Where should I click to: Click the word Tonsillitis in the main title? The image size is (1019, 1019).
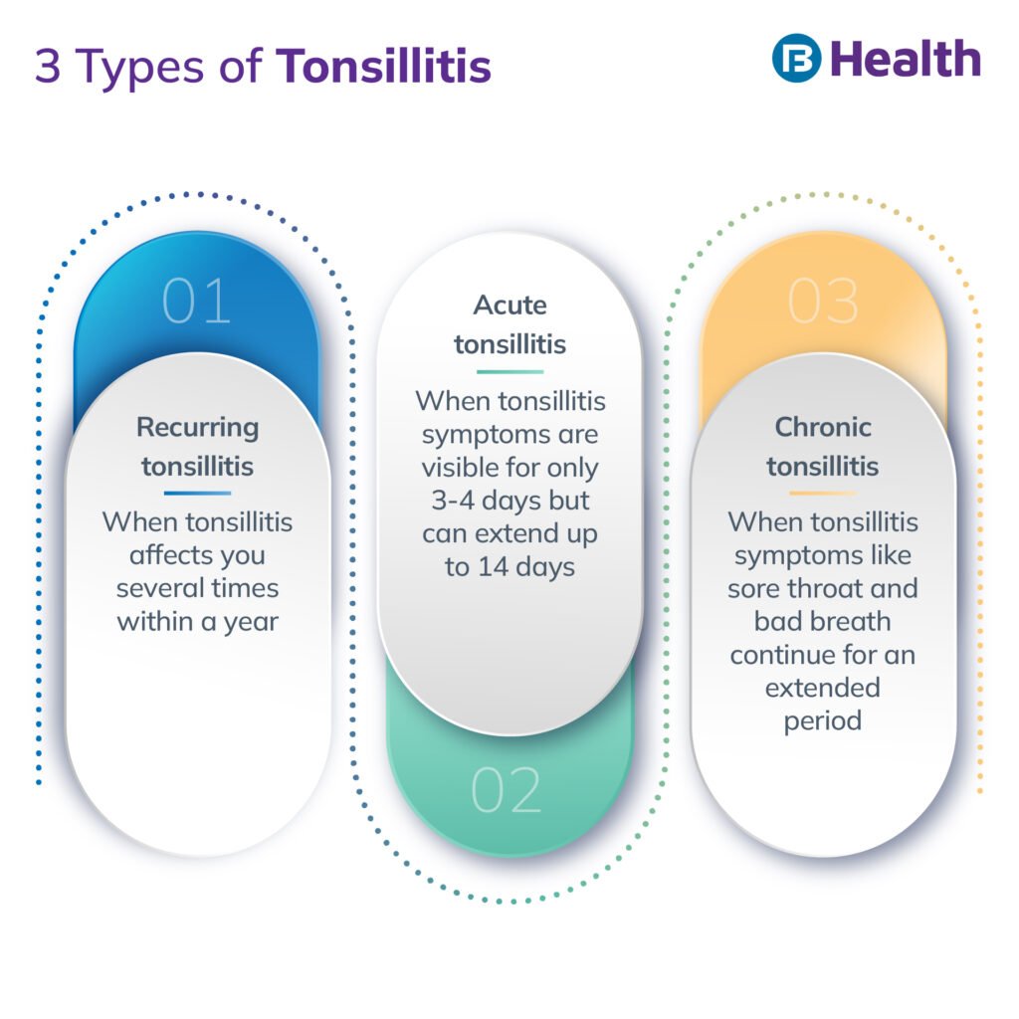click(x=384, y=67)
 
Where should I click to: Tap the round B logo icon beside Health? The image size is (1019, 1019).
click(x=796, y=59)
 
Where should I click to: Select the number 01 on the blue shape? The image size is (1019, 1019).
click(x=196, y=301)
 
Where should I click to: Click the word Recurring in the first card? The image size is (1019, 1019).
click(x=197, y=428)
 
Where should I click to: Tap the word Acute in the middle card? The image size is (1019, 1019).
click(x=509, y=306)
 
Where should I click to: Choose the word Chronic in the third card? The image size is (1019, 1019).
click(x=823, y=428)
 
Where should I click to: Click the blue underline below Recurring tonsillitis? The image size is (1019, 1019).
click(x=197, y=493)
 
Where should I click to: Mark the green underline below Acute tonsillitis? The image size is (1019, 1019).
click(x=509, y=371)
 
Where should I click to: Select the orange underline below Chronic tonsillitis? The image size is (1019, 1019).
click(x=822, y=493)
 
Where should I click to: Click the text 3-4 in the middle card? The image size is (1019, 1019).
click(x=453, y=501)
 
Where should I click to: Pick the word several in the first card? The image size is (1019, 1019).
click(x=158, y=588)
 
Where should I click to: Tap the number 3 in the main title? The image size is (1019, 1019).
click(x=47, y=67)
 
